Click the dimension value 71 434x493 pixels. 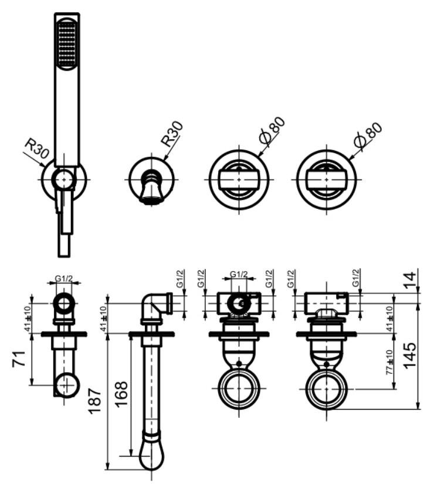(x=19, y=359)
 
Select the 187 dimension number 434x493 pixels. (x=94, y=401)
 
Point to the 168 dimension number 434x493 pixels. (x=121, y=394)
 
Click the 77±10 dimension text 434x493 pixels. (x=389, y=362)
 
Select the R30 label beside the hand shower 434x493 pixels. (x=37, y=148)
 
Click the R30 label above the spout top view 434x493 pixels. (x=172, y=134)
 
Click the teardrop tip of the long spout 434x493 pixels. (x=151, y=457)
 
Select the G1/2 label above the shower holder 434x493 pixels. (x=64, y=278)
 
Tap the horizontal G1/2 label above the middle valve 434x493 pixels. (x=239, y=274)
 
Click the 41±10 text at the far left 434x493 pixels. (x=28, y=319)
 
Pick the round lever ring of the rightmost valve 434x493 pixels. (x=327, y=389)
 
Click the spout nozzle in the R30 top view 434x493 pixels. (x=152, y=191)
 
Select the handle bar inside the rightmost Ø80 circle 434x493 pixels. (x=327, y=180)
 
